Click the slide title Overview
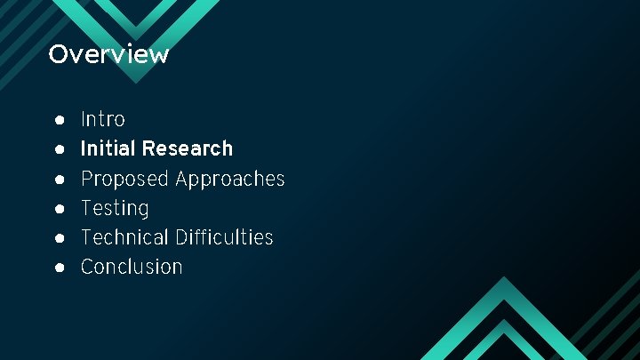pos(108,54)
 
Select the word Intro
pos(103,119)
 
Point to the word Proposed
pos(124,179)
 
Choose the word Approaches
pos(230,179)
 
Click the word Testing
pos(115,208)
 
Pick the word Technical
pos(124,237)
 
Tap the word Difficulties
pos(224,237)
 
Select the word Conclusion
pos(132,267)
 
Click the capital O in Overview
pos(58,54)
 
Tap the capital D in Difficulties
pos(181,237)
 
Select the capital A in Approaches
pos(182,179)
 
